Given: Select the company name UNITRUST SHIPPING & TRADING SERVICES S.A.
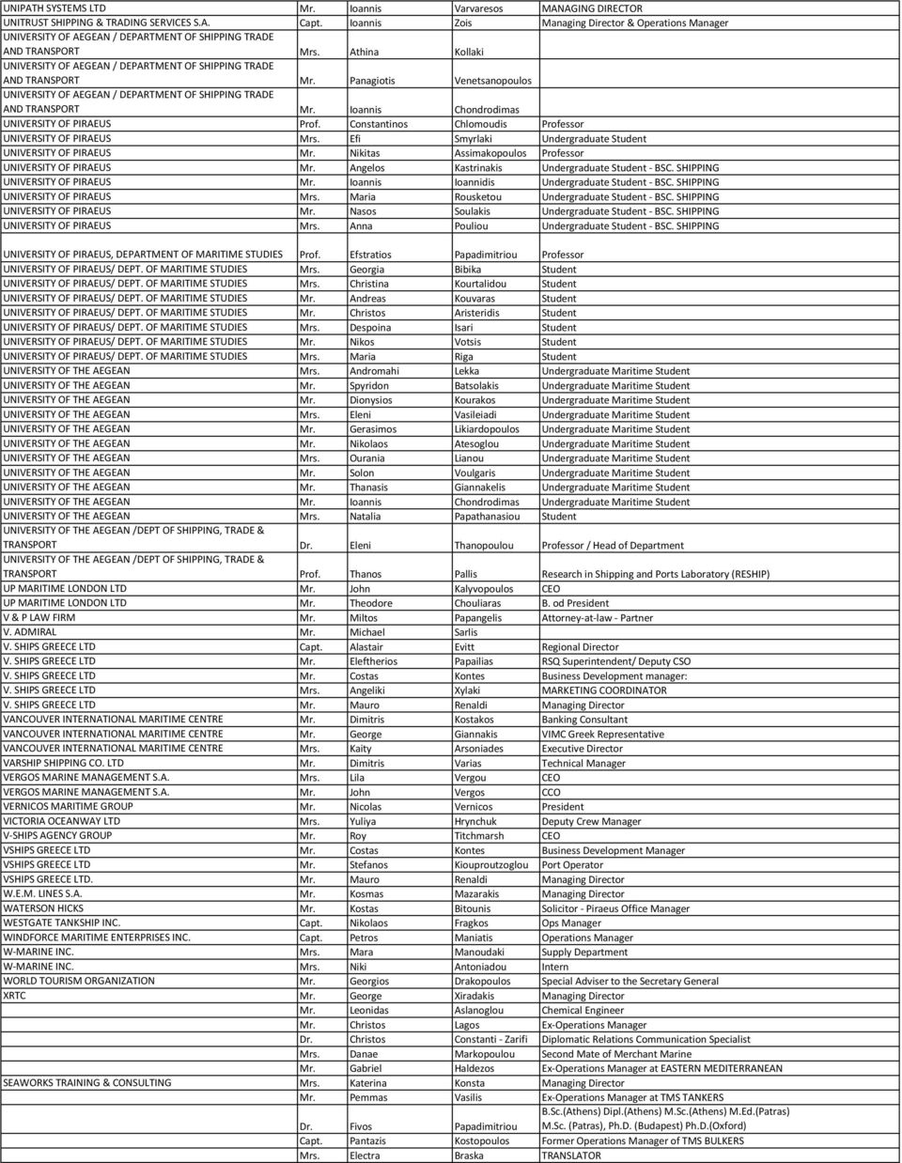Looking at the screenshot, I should tap(111, 21).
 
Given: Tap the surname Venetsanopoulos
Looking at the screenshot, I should tap(492, 81).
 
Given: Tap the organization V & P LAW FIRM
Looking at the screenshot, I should tap(39, 618).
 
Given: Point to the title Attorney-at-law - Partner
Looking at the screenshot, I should tap(597, 618).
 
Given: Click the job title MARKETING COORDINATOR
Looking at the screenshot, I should tap(604, 690).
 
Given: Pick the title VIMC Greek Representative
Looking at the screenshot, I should tap(602, 735).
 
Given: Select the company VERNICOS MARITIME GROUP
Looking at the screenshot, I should tap(68, 806).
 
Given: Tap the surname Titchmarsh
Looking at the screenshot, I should tap(479, 836).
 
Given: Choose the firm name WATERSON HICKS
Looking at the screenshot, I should tap(43, 908).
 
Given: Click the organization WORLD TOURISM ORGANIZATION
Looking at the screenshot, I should tap(79, 981).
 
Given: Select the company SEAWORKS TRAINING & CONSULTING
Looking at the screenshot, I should tap(87, 1082).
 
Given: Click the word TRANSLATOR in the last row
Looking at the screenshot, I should tap(571, 1155).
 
